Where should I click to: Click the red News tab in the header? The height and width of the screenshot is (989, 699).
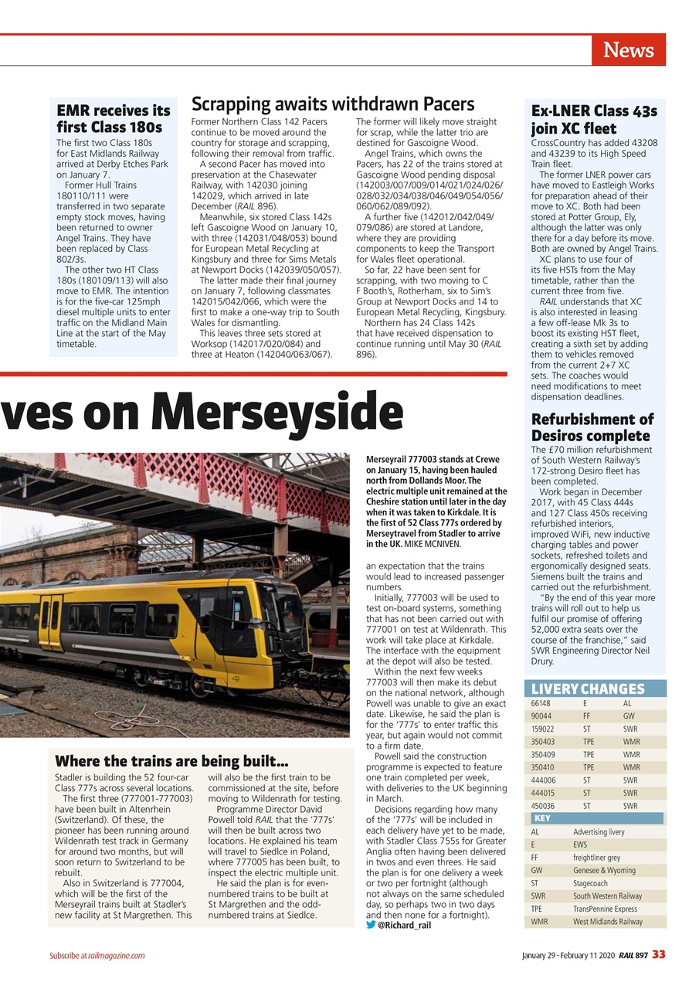click(628, 50)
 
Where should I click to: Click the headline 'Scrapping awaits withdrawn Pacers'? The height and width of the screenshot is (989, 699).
click(332, 104)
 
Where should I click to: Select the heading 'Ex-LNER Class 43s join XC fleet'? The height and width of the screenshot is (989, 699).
click(593, 120)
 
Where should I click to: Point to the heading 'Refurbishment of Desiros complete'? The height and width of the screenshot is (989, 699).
click(592, 427)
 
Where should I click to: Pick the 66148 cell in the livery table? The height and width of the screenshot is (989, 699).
click(541, 704)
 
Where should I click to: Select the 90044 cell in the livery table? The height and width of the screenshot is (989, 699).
click(541, 716)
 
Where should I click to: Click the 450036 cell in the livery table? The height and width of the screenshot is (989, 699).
click(542, 806)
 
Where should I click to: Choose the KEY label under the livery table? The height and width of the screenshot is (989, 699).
click(541, 818)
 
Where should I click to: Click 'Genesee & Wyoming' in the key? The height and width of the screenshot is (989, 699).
click(604, 870)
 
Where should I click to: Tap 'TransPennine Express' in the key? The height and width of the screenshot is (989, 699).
click(605, 909)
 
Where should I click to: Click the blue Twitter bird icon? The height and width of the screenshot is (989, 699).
click(371, 924)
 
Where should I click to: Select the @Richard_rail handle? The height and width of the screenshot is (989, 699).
click(404, 924)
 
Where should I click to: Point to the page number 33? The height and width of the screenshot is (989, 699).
click(658, 955)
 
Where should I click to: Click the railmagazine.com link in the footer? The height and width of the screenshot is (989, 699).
click(114, 956)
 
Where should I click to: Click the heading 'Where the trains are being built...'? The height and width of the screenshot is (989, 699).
click(172, 761)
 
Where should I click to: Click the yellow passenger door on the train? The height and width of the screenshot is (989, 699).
click(51, 623)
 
